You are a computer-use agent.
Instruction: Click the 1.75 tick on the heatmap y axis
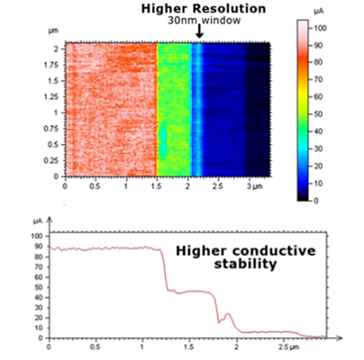[50, 64]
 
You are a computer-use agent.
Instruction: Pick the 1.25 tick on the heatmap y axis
[50, 96]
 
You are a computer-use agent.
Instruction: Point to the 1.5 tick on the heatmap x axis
[157, 186]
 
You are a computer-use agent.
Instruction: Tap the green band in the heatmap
[172, 109]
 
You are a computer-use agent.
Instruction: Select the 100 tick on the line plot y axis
[38, 236]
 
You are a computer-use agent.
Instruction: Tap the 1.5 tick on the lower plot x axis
[179, 348]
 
